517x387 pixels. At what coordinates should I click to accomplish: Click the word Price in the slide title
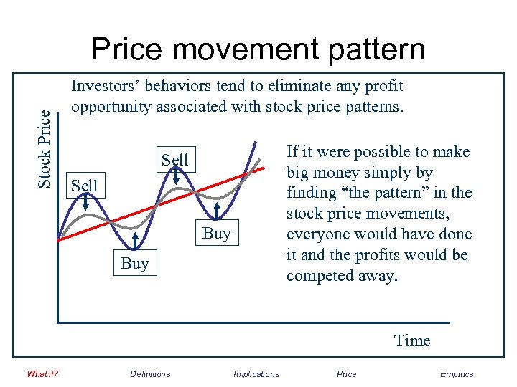tap(128, 49)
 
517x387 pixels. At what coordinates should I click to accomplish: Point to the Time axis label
tap(412, 340)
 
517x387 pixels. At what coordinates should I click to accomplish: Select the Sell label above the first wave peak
tap(84, 186)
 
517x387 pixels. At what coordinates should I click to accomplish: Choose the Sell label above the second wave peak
tap(174, 160)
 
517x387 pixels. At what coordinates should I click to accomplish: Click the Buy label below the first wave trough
tap(135, 263)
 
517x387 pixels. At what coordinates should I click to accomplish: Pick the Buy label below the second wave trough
tap(217, 233)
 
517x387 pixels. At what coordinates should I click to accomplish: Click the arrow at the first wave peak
tap(85, 204)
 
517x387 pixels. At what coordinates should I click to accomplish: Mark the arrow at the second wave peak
tap(175, 177)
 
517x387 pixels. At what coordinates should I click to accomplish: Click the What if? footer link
tap(42, 373)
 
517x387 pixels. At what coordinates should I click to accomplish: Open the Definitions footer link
tap(150, 373)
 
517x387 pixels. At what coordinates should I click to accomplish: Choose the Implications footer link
tap(256, 373)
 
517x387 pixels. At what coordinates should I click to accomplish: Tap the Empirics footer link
tap(457, 373)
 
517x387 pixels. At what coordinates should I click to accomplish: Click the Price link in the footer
tap(346, 373)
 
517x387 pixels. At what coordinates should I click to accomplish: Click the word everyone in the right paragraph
tap(316, 234)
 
